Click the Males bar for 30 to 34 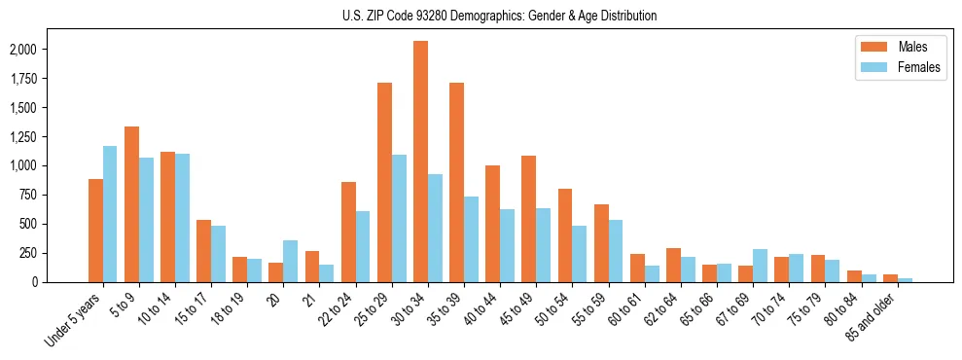(420, 162)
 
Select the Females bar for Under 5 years (110, 214)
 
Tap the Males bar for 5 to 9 (131, 204)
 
